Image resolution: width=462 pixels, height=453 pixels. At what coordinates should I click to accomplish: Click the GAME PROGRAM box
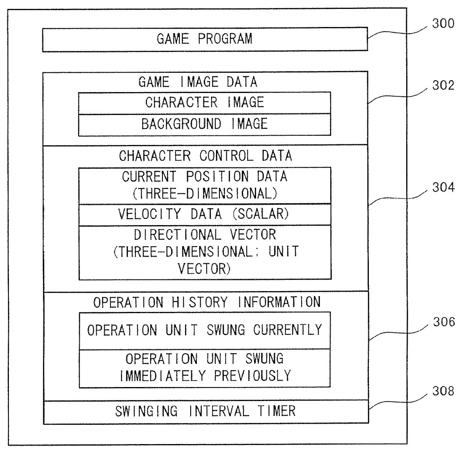click(205, 39)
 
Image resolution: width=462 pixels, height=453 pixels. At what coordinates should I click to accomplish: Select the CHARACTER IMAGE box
click(204, 103)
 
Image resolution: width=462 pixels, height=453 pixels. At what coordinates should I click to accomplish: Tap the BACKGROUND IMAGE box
click(204, 124)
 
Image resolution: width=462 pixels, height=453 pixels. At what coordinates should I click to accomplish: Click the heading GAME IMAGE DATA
click(198, 82)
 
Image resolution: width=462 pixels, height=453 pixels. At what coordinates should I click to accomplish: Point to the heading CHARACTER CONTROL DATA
click(205, 156)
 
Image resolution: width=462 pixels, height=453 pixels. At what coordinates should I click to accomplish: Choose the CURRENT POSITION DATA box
click(204, 185)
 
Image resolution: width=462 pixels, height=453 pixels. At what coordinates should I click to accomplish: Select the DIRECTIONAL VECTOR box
click(205, 252)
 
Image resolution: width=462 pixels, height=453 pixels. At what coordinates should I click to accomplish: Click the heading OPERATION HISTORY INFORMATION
click(207, 302)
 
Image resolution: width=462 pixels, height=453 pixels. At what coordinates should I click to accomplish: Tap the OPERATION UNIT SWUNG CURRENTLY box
click(204, 330)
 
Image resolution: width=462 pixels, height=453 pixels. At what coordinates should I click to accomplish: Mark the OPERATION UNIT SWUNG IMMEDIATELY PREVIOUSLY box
click(204, 368)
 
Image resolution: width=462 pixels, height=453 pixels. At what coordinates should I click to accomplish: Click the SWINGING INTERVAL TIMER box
click(205, 411)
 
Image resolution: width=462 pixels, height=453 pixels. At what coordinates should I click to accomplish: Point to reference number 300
click(443, 24)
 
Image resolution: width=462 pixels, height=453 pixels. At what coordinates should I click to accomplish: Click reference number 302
click(443, 85)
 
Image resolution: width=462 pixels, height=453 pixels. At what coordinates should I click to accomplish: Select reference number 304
click(443, 188)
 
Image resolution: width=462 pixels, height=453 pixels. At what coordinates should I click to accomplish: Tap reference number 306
click(443, 322)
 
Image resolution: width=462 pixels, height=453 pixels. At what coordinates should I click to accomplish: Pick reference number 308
click(443, 391)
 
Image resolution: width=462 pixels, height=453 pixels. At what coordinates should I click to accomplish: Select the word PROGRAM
click(225, 39)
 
